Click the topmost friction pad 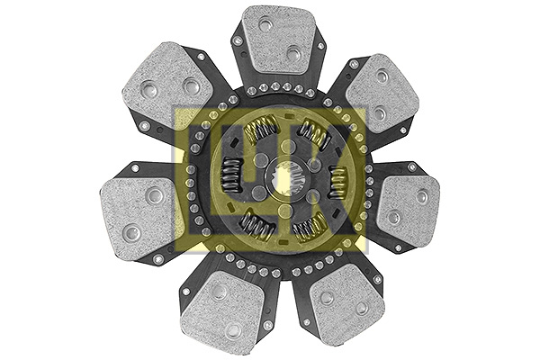coord(278,40)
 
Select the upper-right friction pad coord(382,90)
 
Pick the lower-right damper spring coord(309,227)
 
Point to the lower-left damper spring coord(256,226)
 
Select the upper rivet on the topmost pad coord(266,24)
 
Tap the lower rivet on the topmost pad coord(292,54)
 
